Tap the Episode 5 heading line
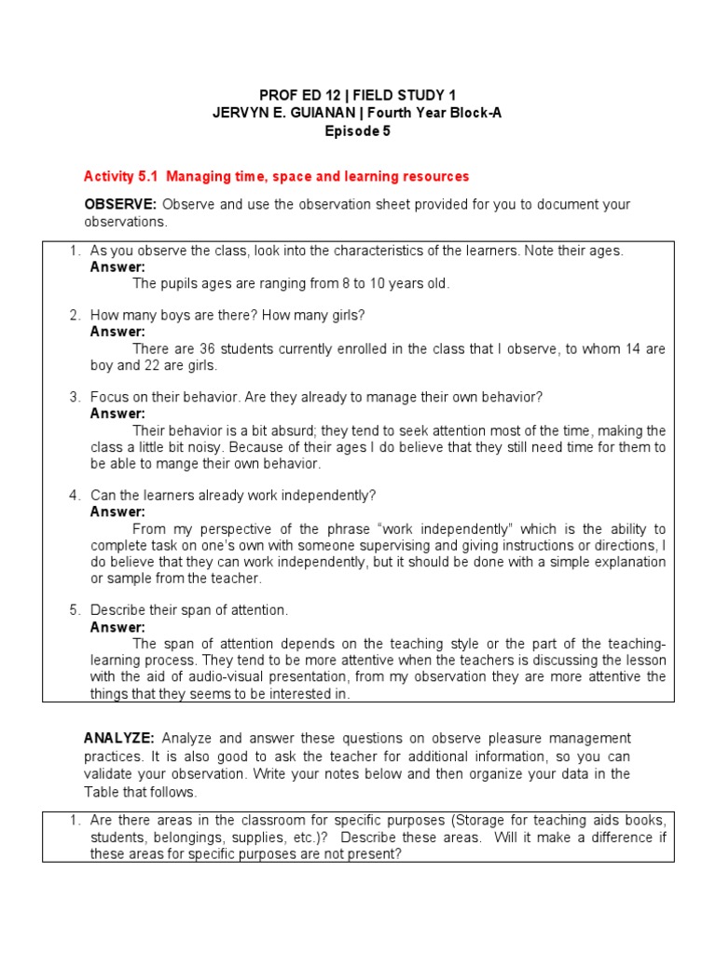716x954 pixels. click(x=357, y=131)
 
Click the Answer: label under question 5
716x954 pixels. click(x=117, y=627)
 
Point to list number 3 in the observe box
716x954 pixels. click(x=75, y=397)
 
